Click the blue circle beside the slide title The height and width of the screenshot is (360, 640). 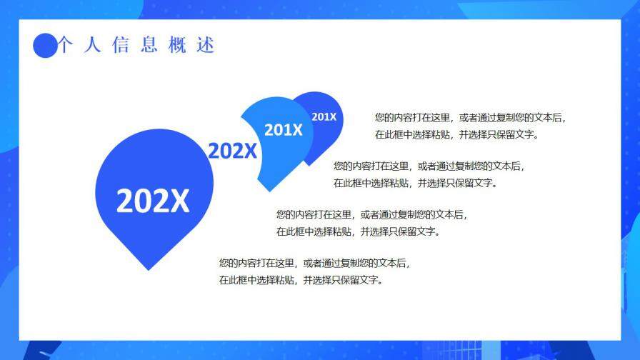(45, 46)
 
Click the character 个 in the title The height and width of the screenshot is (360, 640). (65, 45)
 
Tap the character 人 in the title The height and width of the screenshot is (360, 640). (92, 45)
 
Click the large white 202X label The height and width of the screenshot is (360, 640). (153, 201)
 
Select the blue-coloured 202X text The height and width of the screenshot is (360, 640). (231, 151)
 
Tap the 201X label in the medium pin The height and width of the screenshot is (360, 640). (283, 130)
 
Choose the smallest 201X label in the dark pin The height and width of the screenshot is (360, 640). (324, 116)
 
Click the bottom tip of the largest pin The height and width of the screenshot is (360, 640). (149, 269)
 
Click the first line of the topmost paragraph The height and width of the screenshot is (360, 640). (470, 118)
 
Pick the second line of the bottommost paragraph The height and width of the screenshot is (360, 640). (302, 280)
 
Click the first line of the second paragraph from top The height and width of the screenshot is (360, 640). (429, 166)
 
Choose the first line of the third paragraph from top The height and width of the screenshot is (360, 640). (371, 214)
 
